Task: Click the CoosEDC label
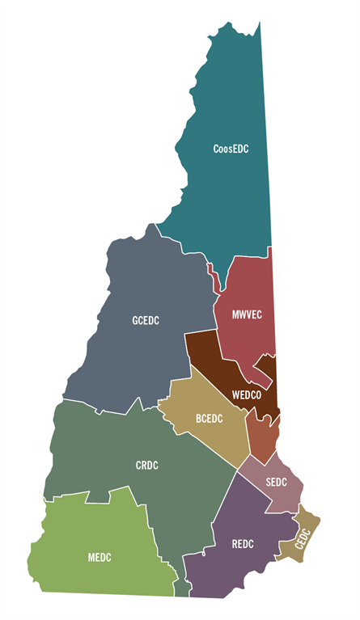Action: (231, 149)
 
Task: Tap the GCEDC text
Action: (146, 320)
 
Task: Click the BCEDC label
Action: (208, 419)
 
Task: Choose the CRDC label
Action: (146, 465)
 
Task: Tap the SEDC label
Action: (277, 482)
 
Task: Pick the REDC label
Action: (243, 543)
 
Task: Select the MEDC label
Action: (99, 557)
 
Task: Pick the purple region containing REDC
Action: (235, 566)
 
